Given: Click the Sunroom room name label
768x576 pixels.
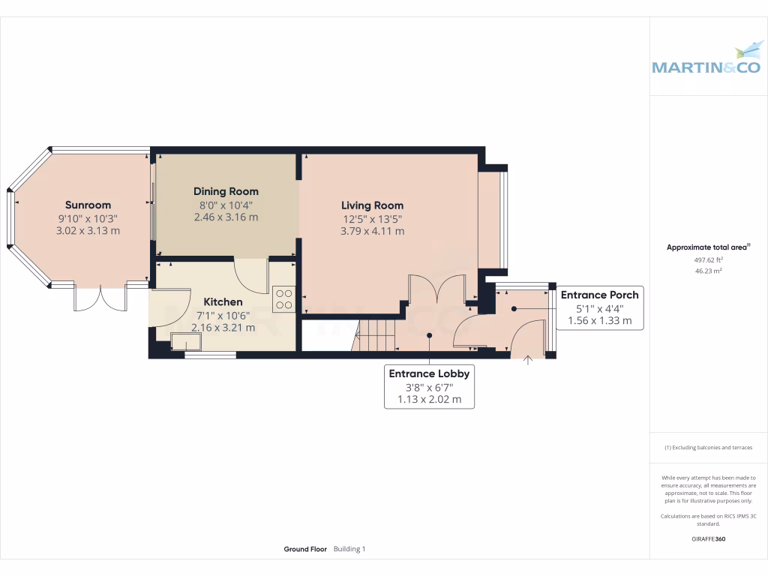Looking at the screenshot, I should pos(88,205).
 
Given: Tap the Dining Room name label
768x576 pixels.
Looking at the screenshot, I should pos(226,191).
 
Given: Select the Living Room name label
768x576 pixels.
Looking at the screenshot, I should pos(372,205).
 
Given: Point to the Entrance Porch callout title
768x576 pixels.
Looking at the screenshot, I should pos(599,295).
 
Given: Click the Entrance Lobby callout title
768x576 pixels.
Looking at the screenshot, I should pos(429,373).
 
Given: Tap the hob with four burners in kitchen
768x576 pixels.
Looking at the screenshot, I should pos(283,299).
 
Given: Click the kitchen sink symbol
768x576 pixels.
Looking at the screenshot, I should pos(187,342).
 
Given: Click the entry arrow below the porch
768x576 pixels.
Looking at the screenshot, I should pos(527,361).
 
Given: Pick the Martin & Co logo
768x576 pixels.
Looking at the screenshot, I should pos(706,60).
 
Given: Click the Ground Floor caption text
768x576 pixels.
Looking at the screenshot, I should pos(305,549).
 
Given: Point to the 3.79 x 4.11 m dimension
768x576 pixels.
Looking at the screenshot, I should pos(372,231).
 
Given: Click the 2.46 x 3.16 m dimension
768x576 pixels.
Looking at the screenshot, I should pos(226,217).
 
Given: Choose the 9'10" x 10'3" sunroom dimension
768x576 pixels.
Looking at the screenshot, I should pos(88,218).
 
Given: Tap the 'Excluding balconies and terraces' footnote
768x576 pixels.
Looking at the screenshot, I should pos(708,448).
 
